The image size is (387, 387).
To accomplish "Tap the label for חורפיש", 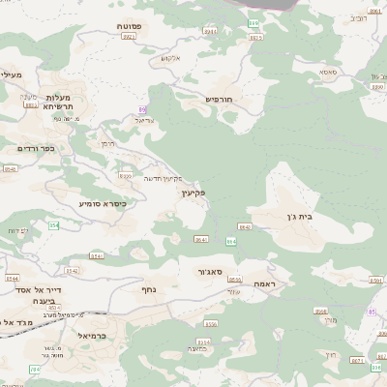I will point(222,99).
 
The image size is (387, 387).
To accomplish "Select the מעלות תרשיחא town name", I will point(65,102).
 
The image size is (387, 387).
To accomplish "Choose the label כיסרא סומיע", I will point(102,203).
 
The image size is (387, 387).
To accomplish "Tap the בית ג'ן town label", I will point(299,218).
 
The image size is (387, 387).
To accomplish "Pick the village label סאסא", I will point(327,72).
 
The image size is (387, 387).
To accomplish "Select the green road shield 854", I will point(54,225).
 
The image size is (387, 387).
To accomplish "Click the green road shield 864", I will point(230,240).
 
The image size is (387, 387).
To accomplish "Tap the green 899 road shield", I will point(253,20).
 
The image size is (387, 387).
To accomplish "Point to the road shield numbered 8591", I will point(375,280).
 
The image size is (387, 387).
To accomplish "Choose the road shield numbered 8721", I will point(358,359).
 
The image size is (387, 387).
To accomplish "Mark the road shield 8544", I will point(12,278).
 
